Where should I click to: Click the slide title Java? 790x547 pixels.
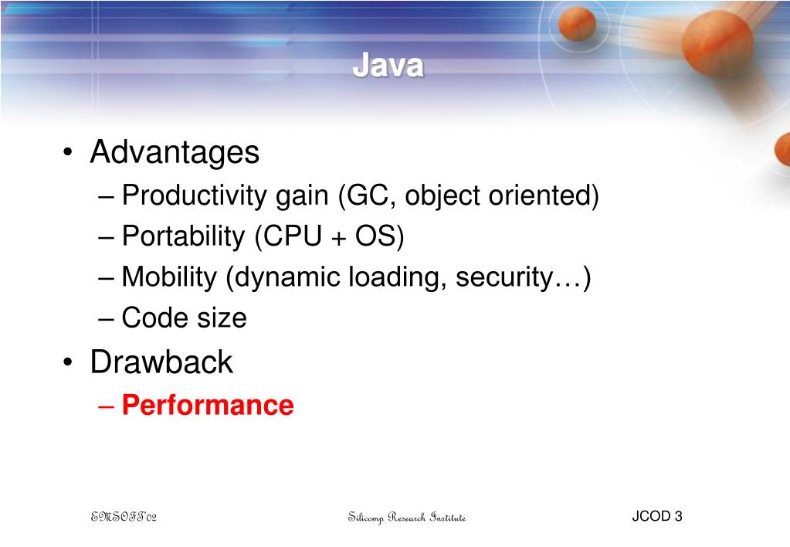pyautogui.click(x=388, y=67)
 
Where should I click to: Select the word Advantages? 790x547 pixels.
pyautogui.click(x=175, y=153)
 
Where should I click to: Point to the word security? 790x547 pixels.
pyautogui.click(x=501, y=277)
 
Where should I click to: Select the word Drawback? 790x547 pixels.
pyautogui.click(x=161, y=362)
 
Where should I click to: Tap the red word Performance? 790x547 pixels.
pyautogui.click(x=208, y=406)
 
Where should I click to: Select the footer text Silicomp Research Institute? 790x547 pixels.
pyautogui.click(x=407, y=517)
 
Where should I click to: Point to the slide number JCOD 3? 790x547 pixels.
pyautogui.click(x=656, y=516)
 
